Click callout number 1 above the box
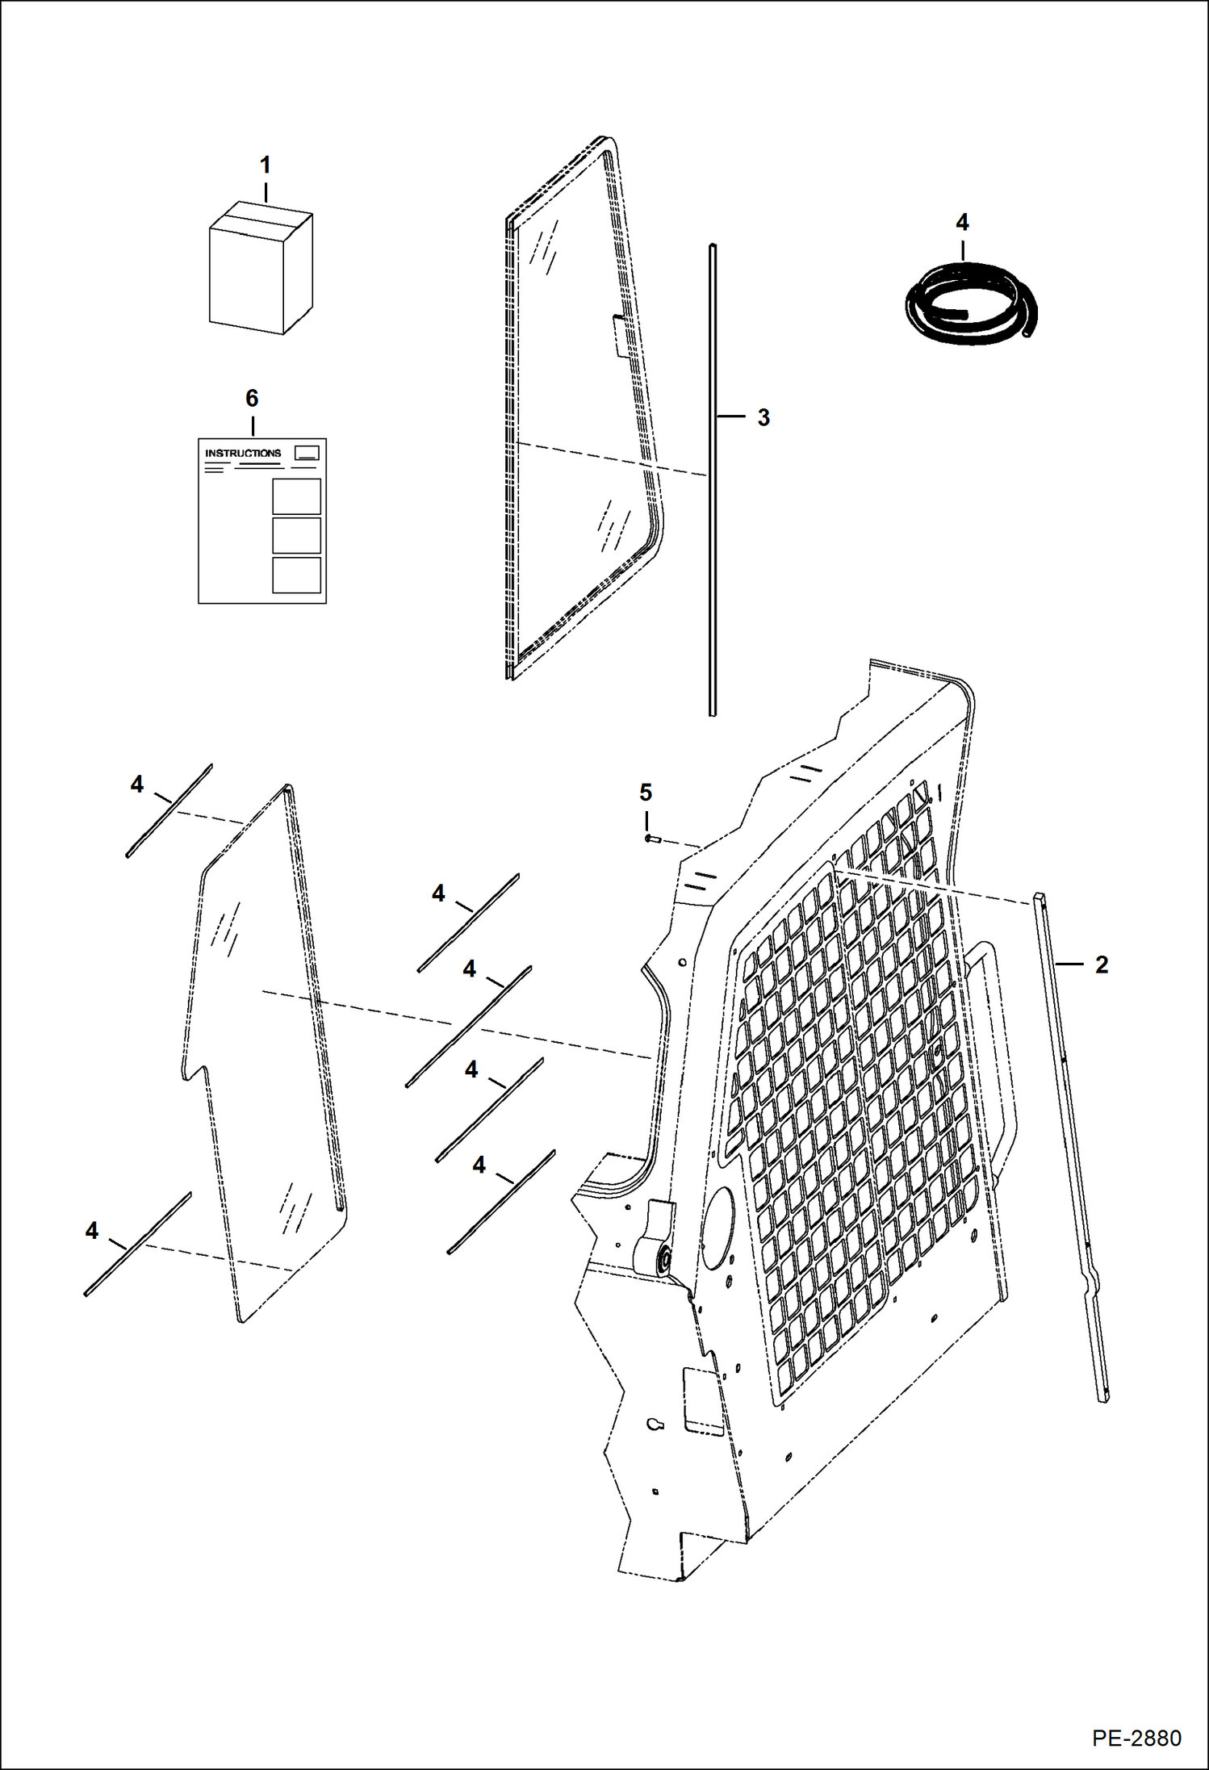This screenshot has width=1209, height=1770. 265,165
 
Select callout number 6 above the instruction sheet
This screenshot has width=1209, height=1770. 252,398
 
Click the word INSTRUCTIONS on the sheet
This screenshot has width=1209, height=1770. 243,453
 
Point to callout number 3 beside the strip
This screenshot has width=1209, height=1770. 763,417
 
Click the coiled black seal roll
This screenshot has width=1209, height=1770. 968,308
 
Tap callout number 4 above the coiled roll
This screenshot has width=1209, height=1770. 961,222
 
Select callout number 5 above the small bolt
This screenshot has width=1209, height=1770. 646,793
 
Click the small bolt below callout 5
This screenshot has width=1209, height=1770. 653,839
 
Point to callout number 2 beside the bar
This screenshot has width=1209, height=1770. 1101,964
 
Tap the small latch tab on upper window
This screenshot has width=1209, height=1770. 619,335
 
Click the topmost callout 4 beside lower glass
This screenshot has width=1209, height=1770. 136,784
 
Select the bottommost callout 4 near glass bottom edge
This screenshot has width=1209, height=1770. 91,1231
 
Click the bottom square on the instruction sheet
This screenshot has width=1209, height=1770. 296,575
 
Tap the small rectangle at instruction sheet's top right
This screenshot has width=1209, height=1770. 307,452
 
